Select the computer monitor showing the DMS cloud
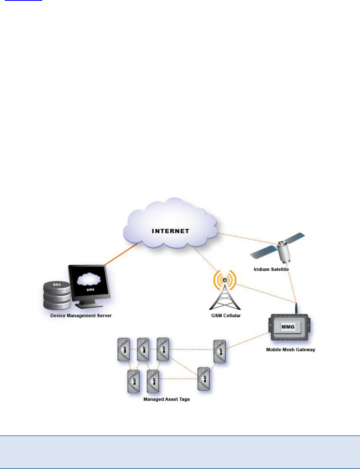pyautogui.click(x=88, y=284)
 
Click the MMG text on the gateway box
pyautogui.click(x=289, y=326)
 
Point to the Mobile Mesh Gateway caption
pyautogui.click(x=290, y=349)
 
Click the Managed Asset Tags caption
pyautogui.click(x=167, y=399)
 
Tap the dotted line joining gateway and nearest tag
pyautogui.click(x=247, y=341)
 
